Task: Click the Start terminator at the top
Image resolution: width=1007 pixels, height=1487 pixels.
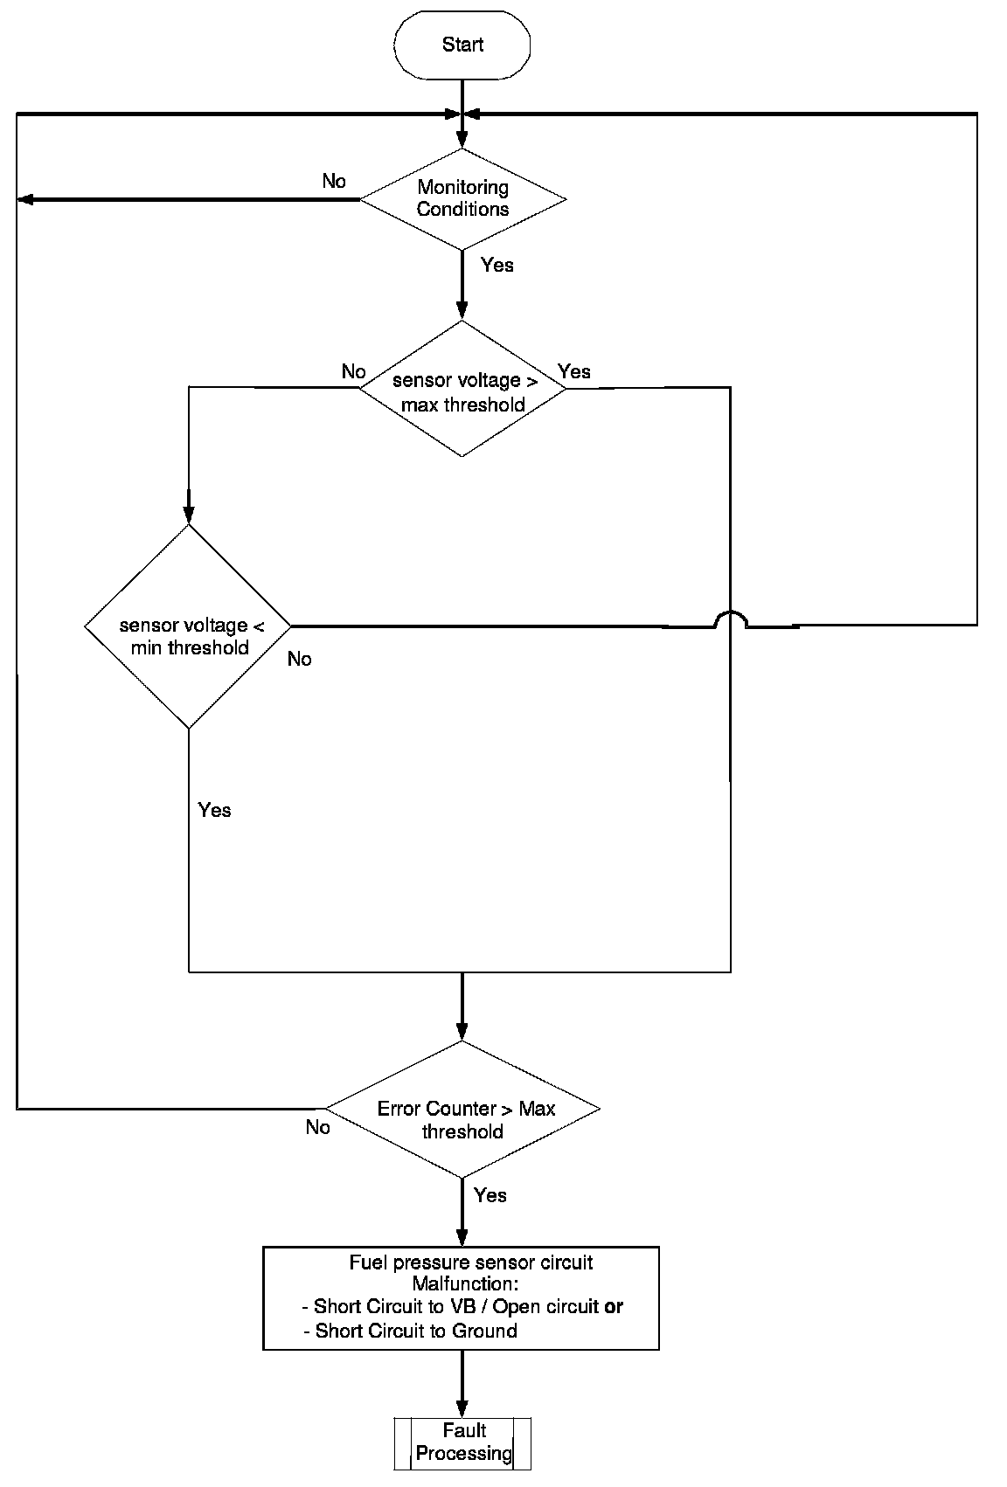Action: [x=462, y=45]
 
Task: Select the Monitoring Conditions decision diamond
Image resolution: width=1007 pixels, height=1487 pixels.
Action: [x=462, y=198]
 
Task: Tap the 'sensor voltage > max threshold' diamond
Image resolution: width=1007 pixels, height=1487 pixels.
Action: [x=462, y=390]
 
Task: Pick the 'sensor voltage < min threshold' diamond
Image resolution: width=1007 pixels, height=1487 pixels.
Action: [x=189, y=626]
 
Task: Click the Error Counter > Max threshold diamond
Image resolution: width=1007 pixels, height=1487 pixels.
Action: [x=462, y=1110]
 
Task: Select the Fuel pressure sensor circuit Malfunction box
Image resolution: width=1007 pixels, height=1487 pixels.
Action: [x=462, y=1298]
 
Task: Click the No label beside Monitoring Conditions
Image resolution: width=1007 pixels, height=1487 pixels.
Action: [x=334, y=181]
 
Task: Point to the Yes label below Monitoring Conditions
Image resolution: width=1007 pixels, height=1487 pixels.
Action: [x=497, y=266]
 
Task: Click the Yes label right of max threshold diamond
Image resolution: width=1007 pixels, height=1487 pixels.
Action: [x=574, y=371]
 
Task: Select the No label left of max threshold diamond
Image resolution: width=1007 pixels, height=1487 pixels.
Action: [x=353, y=371]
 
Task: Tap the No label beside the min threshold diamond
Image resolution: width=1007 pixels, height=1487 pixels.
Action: [x=299, y=659]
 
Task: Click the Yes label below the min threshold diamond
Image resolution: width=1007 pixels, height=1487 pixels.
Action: [x=214, y=810]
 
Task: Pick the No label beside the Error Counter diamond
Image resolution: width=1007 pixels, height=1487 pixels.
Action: [x=318, y=1127]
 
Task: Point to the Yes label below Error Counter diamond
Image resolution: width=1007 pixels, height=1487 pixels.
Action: [x=490, y=1195]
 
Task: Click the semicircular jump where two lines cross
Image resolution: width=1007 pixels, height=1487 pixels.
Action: [x=731, y=619]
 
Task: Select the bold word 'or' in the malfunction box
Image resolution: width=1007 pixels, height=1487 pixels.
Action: [x=614, y=1307]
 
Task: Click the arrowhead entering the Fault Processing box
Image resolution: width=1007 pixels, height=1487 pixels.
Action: [x=462, y=1408]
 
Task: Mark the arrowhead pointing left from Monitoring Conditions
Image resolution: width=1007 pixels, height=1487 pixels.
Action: [x=25, y=199]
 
